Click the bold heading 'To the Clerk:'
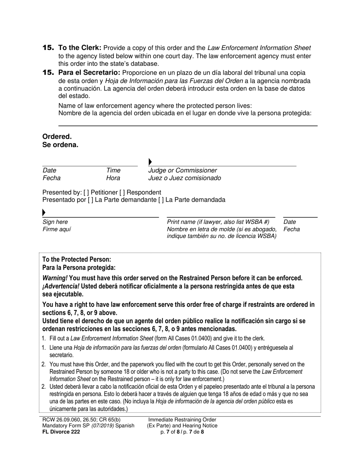pos(80,48)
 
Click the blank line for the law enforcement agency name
pos(188,125)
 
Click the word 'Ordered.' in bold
pos(57,137)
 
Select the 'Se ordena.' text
pos(60,145)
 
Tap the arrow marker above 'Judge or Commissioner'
pos(150,162)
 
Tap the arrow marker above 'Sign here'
pos(44,213)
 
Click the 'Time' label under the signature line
pos(113,170)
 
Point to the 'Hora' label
pos(113,178)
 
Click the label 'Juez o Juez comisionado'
pos(184,178)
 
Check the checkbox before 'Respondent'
pos(122,192)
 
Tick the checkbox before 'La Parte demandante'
pos(90,200)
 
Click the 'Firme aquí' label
pos(56,229)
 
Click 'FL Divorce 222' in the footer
pos(61,432)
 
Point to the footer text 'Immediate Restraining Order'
pos(182,420)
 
